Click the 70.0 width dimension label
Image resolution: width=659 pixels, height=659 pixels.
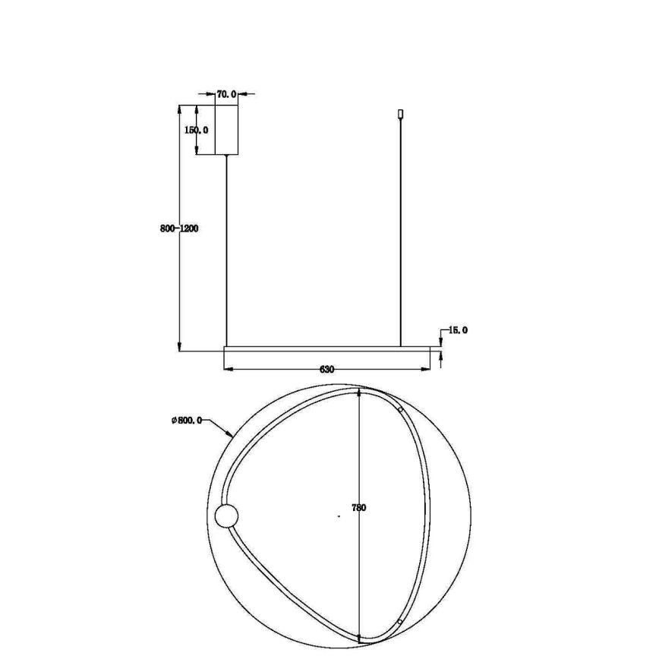pos(226,94)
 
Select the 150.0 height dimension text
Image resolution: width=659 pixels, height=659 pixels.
pos(197,130)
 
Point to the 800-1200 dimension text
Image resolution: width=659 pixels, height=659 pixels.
pos(179,229)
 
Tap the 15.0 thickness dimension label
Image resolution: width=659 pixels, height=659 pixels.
pos(458,330)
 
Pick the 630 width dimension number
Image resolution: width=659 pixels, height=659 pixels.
pos(327,370)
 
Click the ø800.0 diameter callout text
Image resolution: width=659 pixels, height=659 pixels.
pos(187,421)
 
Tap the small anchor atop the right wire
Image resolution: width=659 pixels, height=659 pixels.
pos(401,115)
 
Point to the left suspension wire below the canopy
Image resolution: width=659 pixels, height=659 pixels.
pos(226,251)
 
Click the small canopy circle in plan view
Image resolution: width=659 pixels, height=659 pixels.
pos(226,518)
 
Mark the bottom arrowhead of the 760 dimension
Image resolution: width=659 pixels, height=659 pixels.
pos(359,638)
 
